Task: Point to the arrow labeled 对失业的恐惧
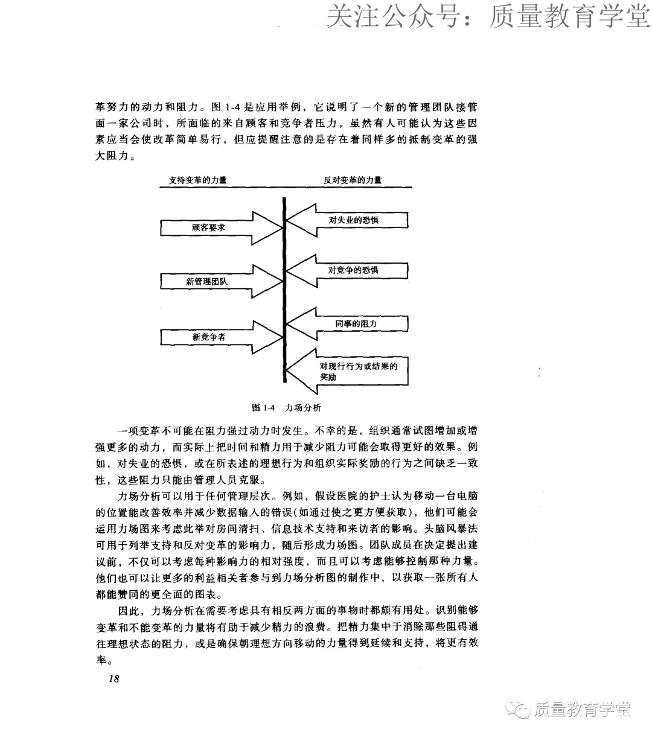[354, 220]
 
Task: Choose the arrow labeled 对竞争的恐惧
[354, 270]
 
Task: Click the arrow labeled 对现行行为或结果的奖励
[356, 372]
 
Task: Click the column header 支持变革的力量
[198, 180]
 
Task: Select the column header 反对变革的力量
[353, 180]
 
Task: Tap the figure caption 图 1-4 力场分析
[286, 407]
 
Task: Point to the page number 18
[113, 679]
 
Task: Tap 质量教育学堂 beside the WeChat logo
[582, 710]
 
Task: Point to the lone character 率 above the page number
[101, 660]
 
